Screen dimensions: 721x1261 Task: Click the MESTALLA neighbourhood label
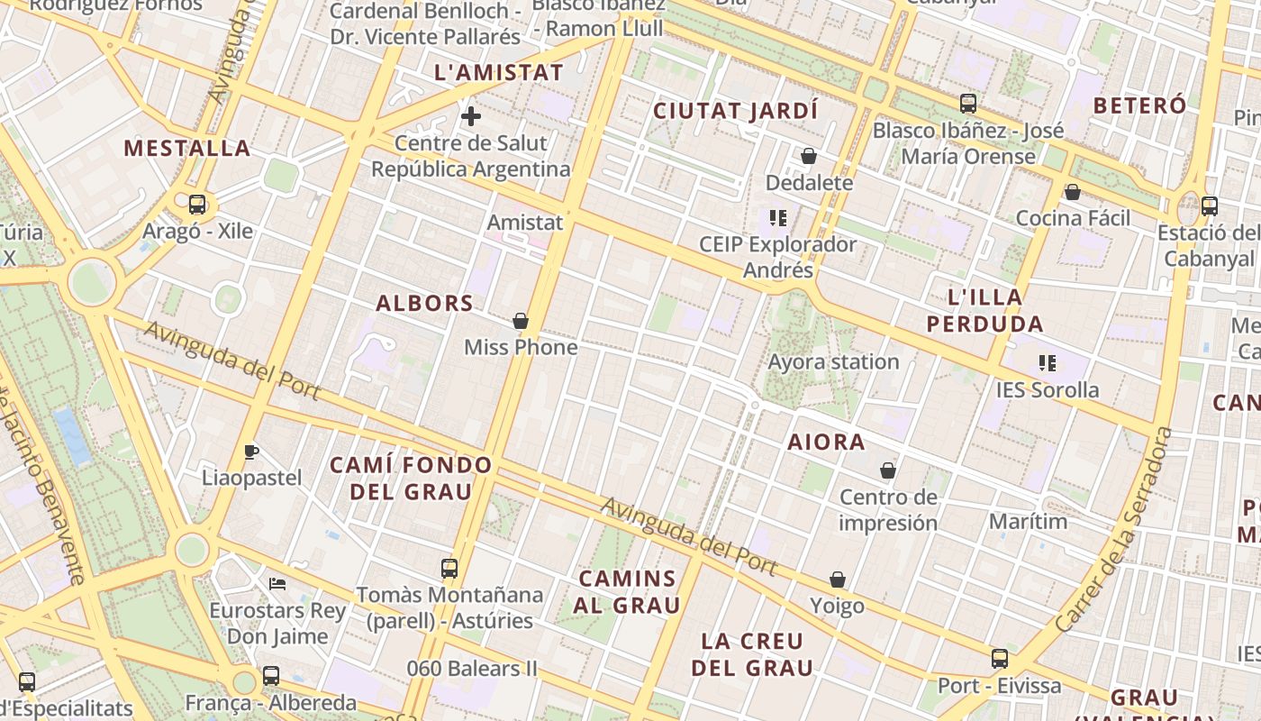[x=187, y=148]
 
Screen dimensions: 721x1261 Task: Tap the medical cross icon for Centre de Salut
[x=470, y=116]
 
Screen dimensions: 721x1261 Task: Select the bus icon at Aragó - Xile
[x=197, y=205]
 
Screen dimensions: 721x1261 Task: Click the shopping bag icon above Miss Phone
[x=520, y=321]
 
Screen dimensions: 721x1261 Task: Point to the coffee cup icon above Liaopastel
[x=251, y=452]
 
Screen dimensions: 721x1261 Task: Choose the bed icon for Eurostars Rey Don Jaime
[x=277, y=584]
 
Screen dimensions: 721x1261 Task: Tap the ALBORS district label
[x=424, y=303]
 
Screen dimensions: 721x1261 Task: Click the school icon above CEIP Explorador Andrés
[x=778, y=218]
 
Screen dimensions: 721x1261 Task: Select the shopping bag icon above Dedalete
[x=809, y=156]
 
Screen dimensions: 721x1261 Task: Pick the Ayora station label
[x=833, y=362]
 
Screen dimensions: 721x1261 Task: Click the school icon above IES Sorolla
[x=1047, y=363]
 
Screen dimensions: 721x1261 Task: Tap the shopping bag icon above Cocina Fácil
[x=1072, y=192]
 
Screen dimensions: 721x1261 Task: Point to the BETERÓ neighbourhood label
[x=1139, y=105]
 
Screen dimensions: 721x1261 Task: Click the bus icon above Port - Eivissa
[x=1000, y=659]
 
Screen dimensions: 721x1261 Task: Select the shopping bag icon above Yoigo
[x=838, y=580]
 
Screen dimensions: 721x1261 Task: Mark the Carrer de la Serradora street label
[x=1113, y=530]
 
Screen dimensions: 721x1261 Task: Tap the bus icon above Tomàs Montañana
[x=449, y=569]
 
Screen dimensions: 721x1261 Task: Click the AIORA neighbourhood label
[x=826, y=442]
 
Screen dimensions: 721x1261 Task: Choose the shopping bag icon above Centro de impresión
[x=888, y=470]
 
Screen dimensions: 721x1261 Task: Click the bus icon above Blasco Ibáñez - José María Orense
[x=968, y=104]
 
